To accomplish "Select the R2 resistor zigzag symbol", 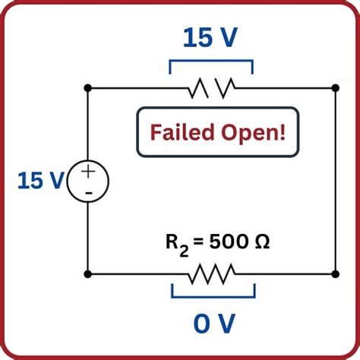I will click(x=212, y=273).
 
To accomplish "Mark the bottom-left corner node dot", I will click(x=88, y=273).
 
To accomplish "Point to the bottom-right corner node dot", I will click(x=335, y=273).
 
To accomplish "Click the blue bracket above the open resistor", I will click(x=210, y=63).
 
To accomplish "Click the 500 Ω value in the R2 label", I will click(x=242, y=244).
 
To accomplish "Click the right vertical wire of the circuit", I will click(x=335, y=182).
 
